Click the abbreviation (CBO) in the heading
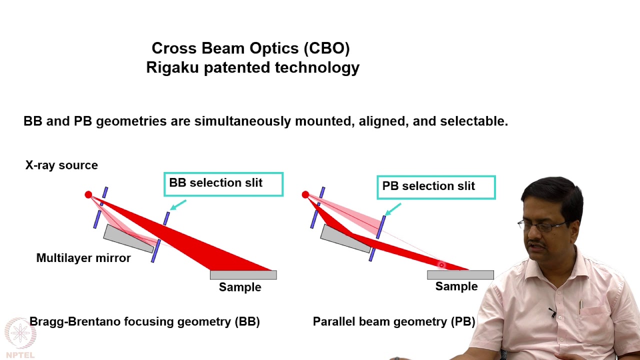click(x=326, y=48)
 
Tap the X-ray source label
click(x=61, y=165)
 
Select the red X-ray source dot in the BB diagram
click(x=88, y=194)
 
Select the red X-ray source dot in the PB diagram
click(x=305, y=194)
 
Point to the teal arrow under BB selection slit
click(x=178, y=205)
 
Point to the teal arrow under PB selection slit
click(x=393, y=209)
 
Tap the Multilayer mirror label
click(x=83, y=258)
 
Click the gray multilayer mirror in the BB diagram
click(x=129, y=238)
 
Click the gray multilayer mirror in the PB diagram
click(x=346, y=238)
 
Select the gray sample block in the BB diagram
click(x=243, y=275)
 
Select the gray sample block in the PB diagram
click(x=460, y=275)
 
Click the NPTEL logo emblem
click(x=20, y=333)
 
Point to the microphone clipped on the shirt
click(x=552, y=312)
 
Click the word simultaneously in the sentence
click(x=243, y=121)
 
